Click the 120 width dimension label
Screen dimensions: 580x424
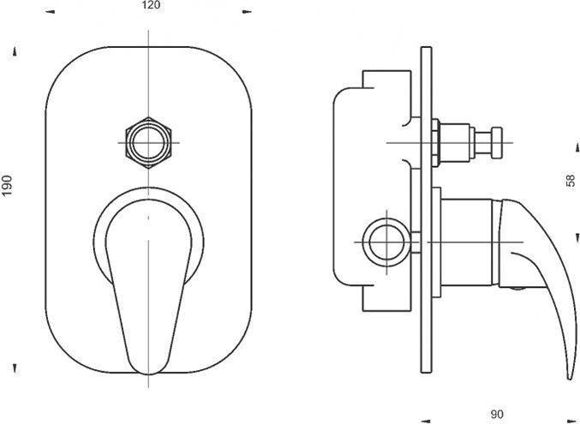click(x=151, y=5)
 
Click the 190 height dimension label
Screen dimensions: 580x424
click(x=7, y=185)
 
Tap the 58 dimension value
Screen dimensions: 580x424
click(x=571, y=181)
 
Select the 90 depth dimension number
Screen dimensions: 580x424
click(x=496, y=415)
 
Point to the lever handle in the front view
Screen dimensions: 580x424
click(x=149, y=287)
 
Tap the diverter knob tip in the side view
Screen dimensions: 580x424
click(x=497, y=143)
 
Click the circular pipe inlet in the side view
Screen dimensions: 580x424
click(x=386, y=242)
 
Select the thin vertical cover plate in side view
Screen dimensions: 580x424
click(x=426, y=210)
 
